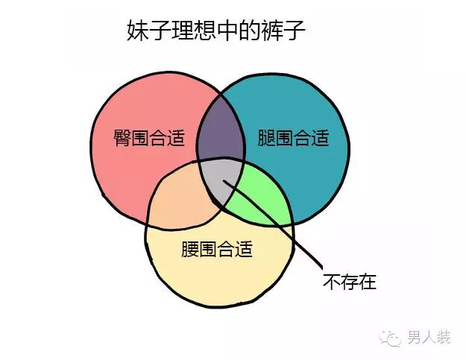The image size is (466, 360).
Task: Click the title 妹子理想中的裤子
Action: tap(217, 31)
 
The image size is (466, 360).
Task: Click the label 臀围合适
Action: tap(148, 138)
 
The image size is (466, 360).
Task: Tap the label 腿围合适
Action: tap(292, 138)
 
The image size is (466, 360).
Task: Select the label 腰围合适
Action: tap(217, 248)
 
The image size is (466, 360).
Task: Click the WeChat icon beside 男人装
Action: tap(392, 339)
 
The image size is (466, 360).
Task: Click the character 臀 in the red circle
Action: tap(122, 138)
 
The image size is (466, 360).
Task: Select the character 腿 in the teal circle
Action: tap(266, 138)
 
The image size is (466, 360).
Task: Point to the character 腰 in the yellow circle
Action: tap(190, 248)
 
